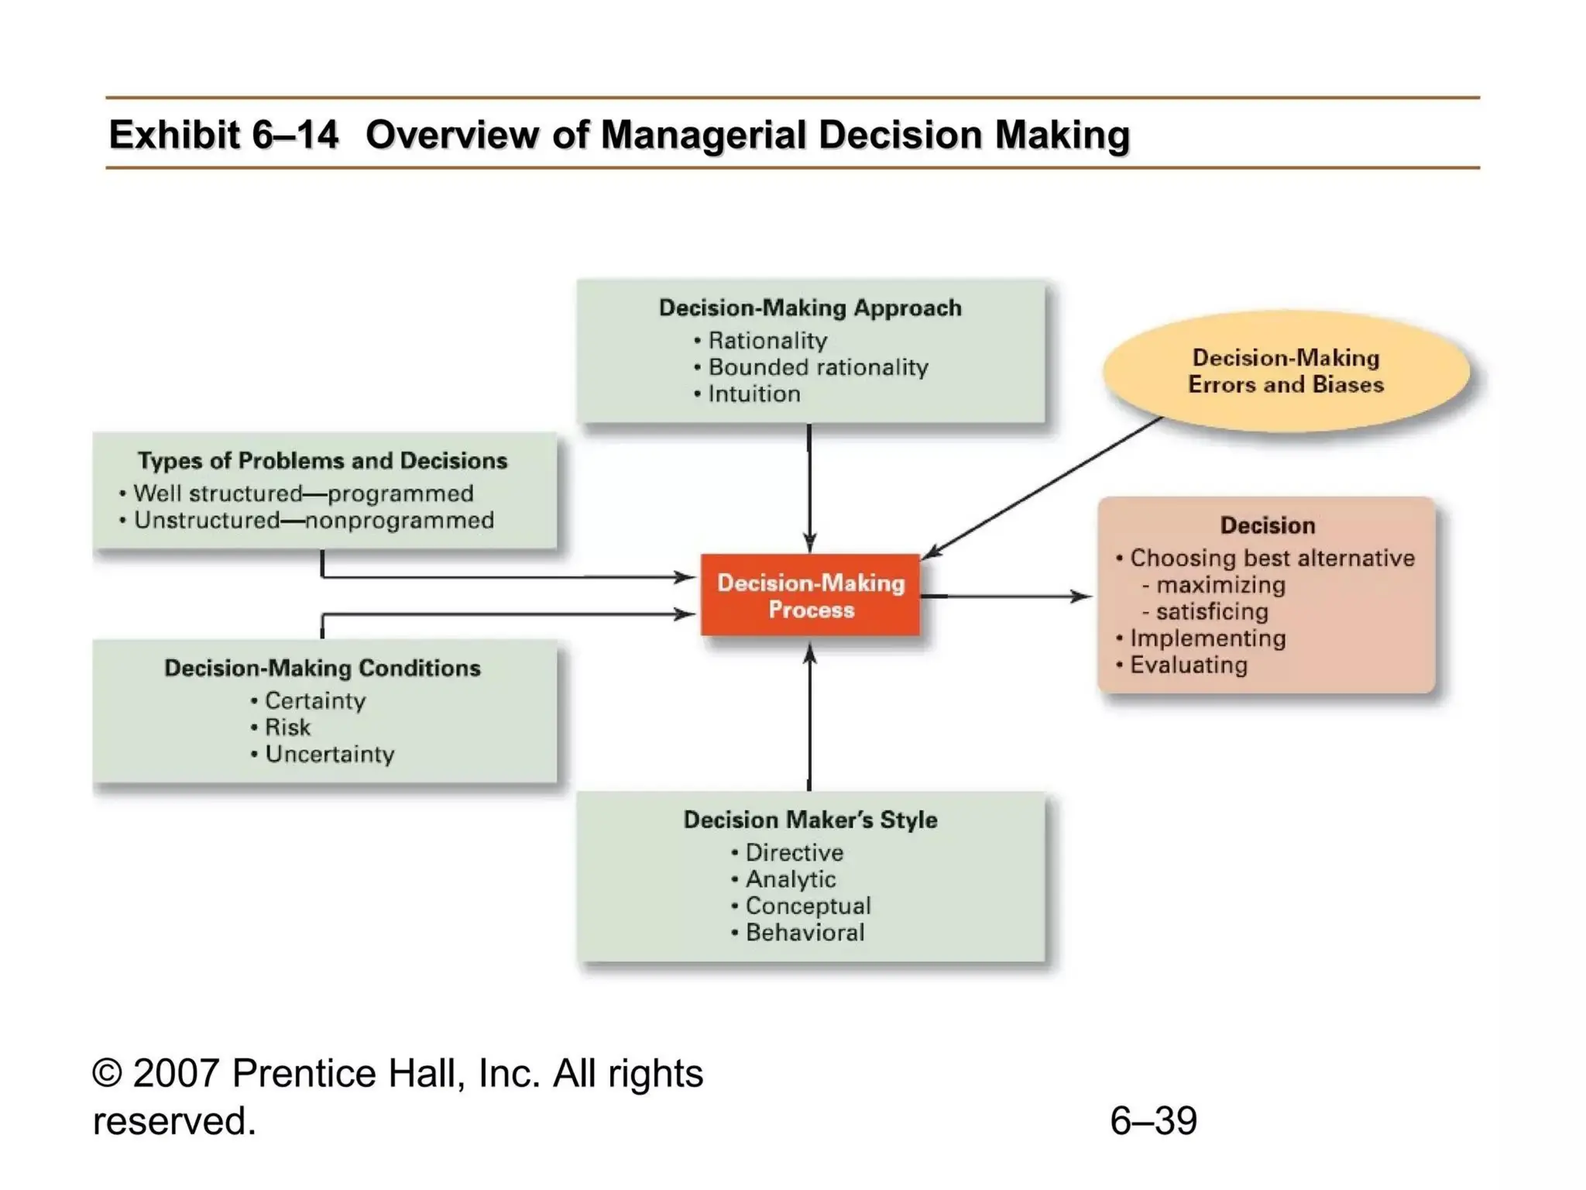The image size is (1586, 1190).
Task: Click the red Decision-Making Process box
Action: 810,595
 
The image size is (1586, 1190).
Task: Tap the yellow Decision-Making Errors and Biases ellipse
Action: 1286,371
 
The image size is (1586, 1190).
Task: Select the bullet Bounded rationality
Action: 817,367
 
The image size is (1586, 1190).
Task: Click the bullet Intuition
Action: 753,394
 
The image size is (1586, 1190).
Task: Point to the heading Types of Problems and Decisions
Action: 322,461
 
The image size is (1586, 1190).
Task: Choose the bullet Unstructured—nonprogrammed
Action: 313,520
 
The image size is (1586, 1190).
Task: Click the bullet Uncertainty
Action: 329,754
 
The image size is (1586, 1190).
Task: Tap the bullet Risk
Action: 287,727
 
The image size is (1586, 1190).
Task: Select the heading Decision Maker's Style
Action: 810,820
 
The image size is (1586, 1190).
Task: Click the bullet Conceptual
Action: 807,906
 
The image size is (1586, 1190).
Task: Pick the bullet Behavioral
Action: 804,933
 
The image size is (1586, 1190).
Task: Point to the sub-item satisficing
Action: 1211,611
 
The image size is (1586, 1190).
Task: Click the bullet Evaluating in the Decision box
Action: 1188,665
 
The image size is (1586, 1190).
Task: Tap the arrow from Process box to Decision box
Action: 1007,596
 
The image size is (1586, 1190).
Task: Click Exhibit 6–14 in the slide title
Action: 223,135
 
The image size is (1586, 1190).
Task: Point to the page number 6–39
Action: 1153,1120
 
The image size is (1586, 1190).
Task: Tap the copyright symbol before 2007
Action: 108,1074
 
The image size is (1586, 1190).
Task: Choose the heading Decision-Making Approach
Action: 810,308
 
